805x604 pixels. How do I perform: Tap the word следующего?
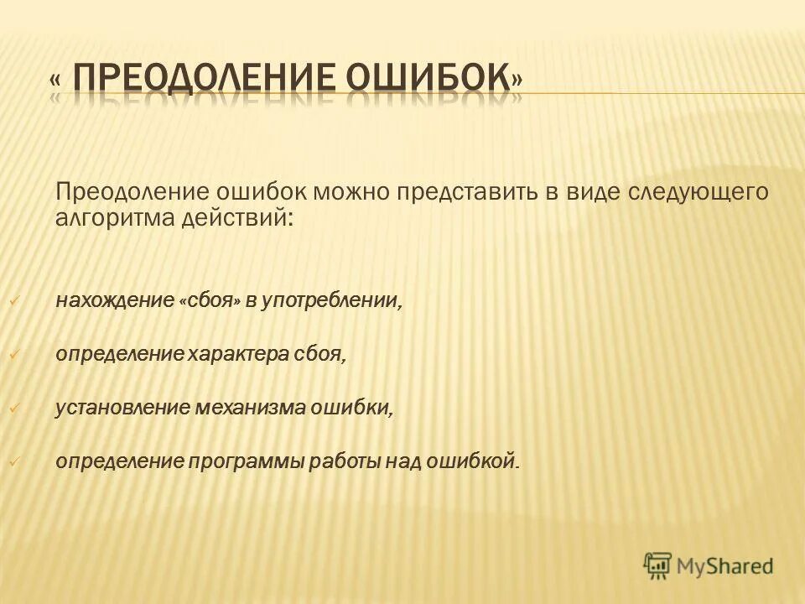[699, 192]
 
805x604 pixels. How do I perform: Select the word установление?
[122, 407]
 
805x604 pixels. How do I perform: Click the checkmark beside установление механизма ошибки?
[13, 408]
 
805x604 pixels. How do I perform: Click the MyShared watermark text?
[725, 566]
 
